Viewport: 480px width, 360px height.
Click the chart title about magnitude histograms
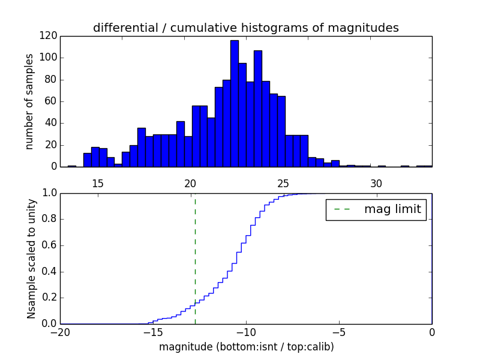pyautogui.click(x=245, y=28)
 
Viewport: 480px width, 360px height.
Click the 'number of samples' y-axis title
pyautogui.click(x=29, y=101)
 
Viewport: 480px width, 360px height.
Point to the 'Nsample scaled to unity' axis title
pyautogui.click(x=31, y=259)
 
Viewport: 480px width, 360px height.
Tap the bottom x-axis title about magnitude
pyautogui.click(x=246, y=347)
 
